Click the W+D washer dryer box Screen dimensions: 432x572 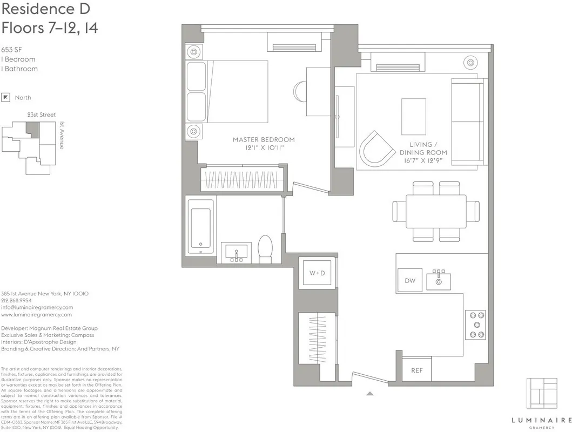tap(317, 273)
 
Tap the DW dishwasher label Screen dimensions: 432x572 tap(409, 281)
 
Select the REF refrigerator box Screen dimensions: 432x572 tap(417, 370)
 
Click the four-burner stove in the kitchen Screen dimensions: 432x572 tap(475, 325)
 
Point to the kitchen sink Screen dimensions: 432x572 tap(439, 280)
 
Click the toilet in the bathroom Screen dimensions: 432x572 tap(265, 249)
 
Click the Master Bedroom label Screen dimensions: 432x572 tap(264, 143)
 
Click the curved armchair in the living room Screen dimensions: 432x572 tap(378, 147)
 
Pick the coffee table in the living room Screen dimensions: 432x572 tap(413, 116)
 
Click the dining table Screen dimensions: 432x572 tap(436, 211)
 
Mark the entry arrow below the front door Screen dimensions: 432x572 tap(370, 394)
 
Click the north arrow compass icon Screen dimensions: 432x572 tap(6, 97)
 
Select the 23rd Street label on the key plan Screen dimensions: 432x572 tap(42, 115)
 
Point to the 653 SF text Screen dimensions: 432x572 tap(11, 49)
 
